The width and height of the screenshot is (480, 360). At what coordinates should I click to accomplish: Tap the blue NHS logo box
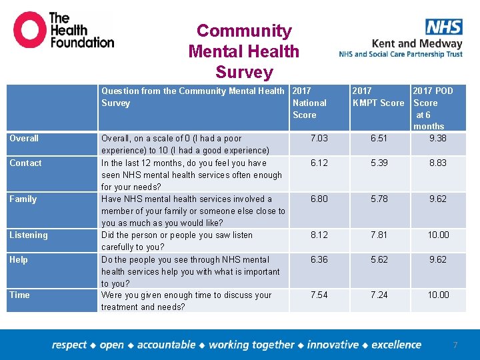[x=443, y=27]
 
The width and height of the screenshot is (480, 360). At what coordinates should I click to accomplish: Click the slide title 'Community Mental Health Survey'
[x=244, y=51]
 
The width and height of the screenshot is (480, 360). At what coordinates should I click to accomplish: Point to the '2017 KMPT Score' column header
[x=378, y=97]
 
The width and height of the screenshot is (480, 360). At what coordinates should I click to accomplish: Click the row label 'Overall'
[x=24, y=139]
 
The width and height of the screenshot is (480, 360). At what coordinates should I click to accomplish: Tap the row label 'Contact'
[x=25, y=163]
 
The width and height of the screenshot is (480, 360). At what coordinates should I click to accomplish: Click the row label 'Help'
[x=18, y=260]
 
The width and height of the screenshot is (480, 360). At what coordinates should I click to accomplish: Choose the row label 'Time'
[x=19, y=295]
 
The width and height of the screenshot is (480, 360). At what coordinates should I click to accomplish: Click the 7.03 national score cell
[x=320, y=139]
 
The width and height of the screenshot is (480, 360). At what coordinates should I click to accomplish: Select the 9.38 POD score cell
[x=438, y=139]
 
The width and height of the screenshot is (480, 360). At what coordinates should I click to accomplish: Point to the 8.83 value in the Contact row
[x=438, y=163]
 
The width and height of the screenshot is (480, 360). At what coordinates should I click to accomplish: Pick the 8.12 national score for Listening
[x=320, y=235]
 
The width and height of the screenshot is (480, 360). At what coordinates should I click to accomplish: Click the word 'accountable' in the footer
[x=166, y=345]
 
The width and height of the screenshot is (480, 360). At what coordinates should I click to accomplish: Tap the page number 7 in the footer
[x=455, y=345]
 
